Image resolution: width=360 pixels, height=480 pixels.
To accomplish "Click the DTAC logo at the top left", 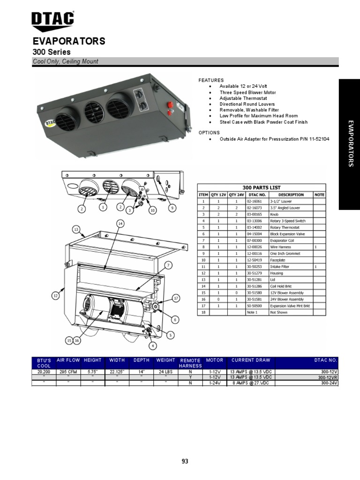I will point(52,20).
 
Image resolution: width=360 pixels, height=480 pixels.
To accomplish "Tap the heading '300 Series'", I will point(52,52).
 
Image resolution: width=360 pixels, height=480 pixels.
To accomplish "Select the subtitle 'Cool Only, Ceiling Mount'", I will point(65,62).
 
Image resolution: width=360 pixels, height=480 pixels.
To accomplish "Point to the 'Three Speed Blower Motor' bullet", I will point(246,93).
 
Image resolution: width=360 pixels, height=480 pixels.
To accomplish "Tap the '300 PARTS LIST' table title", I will point(261,187).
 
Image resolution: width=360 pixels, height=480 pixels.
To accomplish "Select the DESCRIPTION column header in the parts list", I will point(291,195).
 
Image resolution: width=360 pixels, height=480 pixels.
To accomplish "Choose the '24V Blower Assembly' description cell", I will point(286,299).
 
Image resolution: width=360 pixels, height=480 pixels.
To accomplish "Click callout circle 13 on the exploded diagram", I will point(76,229).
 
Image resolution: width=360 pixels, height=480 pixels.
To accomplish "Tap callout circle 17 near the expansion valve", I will point(176,298).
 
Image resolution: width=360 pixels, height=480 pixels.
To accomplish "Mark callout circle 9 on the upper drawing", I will point(172,208).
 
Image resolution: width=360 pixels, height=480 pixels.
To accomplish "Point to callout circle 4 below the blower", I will point(152,346).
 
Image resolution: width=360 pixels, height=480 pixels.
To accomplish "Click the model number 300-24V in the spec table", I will point(328,382).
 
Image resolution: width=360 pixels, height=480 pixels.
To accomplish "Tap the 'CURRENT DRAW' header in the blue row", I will point(251,360).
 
